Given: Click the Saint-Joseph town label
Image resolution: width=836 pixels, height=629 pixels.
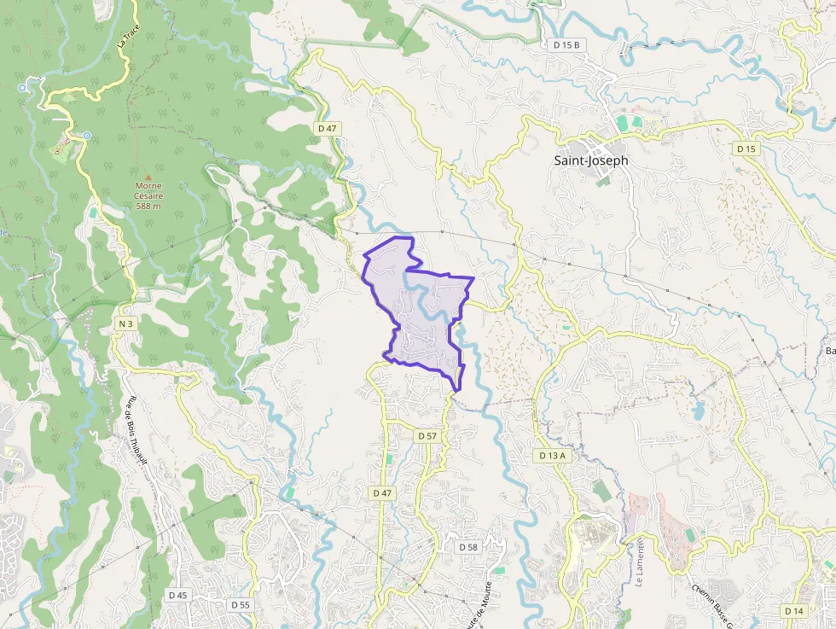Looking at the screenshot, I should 590,160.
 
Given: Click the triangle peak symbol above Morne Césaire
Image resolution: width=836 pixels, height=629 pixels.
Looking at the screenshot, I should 148,177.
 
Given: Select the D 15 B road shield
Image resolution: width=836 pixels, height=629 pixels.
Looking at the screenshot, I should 566,44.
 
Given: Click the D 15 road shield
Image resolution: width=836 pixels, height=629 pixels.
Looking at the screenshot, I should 746,149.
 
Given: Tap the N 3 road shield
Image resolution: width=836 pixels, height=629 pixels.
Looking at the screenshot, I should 126,323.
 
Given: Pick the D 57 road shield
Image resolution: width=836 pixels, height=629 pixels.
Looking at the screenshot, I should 427,436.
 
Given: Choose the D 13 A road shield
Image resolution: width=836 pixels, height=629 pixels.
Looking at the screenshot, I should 553,456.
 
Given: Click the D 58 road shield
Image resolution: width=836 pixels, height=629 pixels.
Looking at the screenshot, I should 468,546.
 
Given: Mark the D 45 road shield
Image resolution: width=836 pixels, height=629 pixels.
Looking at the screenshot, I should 177,595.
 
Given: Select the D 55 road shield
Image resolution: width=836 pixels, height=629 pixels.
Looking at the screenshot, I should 241,604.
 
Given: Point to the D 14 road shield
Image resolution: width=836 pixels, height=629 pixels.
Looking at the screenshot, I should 793,610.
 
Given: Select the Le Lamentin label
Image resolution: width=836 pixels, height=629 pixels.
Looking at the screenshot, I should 638,560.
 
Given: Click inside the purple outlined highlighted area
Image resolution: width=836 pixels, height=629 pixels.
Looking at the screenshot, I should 427,337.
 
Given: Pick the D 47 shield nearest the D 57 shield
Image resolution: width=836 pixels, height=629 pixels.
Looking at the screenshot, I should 382,493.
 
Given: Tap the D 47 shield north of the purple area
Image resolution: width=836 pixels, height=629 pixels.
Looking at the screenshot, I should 328,127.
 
